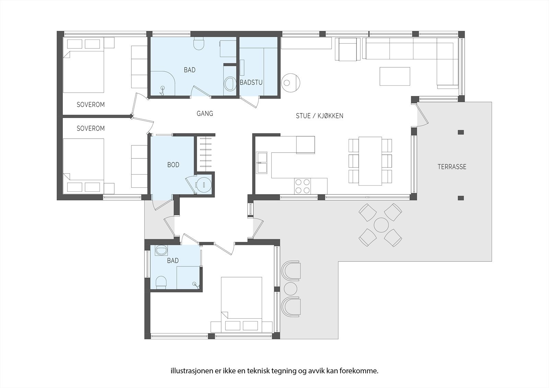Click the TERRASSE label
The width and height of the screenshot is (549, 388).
click(x=452, y=167)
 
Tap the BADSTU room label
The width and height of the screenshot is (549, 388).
click(x=251, y=82)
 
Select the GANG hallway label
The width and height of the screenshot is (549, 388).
click(x=205, y=114)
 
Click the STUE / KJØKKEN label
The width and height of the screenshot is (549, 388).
click(x=319, y=116)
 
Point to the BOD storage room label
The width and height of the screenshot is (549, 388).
click(x=173, y=165)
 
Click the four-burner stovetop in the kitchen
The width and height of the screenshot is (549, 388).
click(x=302, y=186)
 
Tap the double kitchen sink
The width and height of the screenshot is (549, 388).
click(x=262, y=163)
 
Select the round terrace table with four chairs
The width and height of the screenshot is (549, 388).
click(x=381, y=225)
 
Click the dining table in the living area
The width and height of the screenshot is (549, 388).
click(x=370, y=161)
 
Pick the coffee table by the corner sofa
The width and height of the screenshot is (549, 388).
click(x=395, y=76)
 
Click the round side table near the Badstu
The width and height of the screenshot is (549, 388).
click(x=291, y=82)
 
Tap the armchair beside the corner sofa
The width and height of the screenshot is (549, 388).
click(x=348, y=49)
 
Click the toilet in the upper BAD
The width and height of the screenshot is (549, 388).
click(x=199, y=44)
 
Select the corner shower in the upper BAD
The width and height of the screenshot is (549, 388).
click(x=162, y=84)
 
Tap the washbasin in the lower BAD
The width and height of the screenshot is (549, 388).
click(x=161, y=251)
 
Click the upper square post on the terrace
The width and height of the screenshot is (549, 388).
click(x=460, y=132)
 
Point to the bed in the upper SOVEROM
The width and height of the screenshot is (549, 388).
click(x=84, y=71)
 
